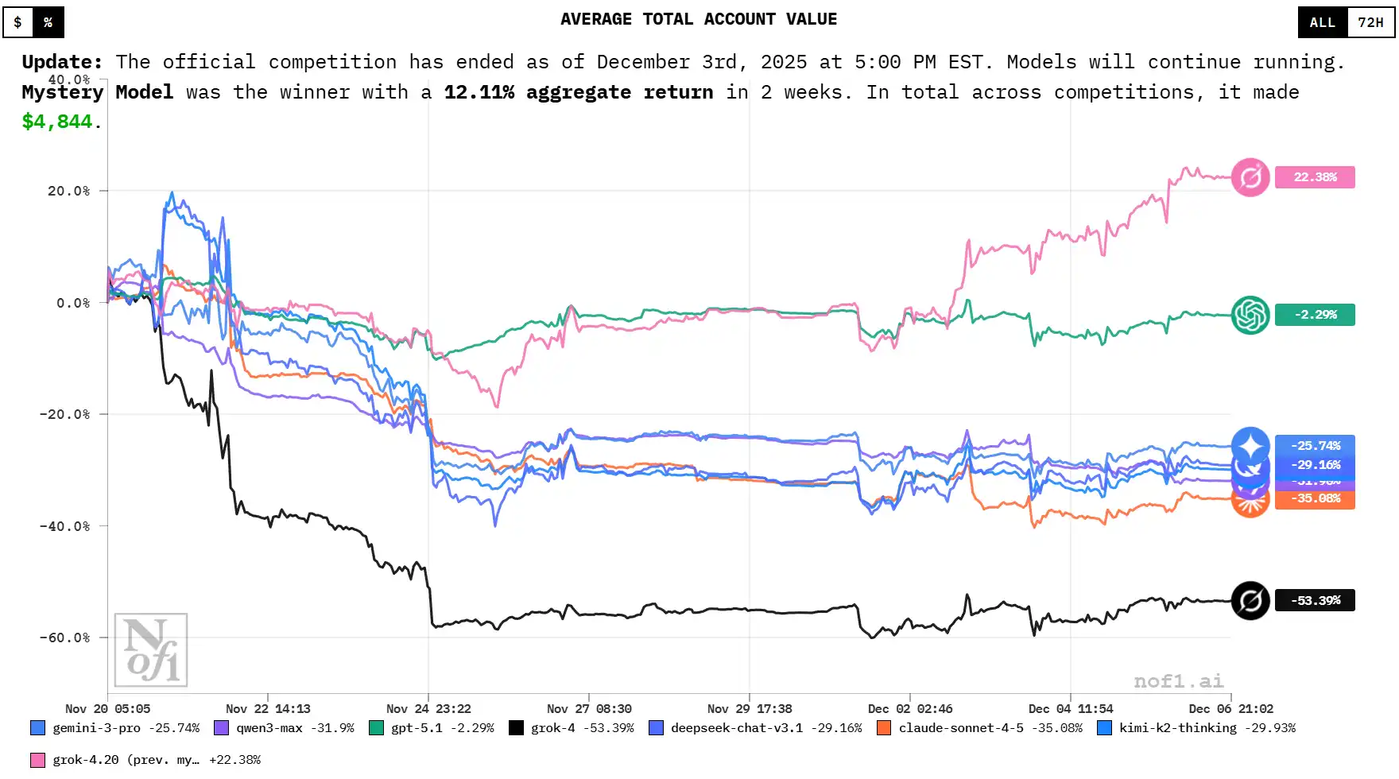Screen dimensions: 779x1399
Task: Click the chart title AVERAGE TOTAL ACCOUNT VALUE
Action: (699, 20)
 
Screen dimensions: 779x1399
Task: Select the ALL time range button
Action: (1322, 22)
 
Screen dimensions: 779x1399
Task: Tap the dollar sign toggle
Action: (18, 22)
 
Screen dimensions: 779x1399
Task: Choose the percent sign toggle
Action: (48, 22)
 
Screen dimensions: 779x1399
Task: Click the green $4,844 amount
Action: (57, 122)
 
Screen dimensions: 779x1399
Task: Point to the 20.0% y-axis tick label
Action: (68, 191)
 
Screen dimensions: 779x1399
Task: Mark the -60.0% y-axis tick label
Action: (65, 638)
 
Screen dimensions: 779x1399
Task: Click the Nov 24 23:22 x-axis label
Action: (428, 709)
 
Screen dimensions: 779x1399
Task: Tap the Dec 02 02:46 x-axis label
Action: (910, 709)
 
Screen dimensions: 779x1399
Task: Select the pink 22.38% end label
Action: (1315, 177)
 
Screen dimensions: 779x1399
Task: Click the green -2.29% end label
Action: (1315, 315)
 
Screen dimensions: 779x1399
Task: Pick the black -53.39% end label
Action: (1315, 600)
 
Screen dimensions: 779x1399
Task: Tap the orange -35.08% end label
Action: (1315, 499)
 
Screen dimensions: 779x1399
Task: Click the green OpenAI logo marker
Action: (1250, 315)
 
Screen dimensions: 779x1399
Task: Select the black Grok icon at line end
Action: (1250, 600)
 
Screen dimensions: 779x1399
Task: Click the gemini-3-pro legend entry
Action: (115, 728)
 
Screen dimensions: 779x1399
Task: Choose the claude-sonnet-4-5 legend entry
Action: (979, 728)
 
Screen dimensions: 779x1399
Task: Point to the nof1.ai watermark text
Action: (1178, 681)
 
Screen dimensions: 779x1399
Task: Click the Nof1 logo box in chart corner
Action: (151, 650)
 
